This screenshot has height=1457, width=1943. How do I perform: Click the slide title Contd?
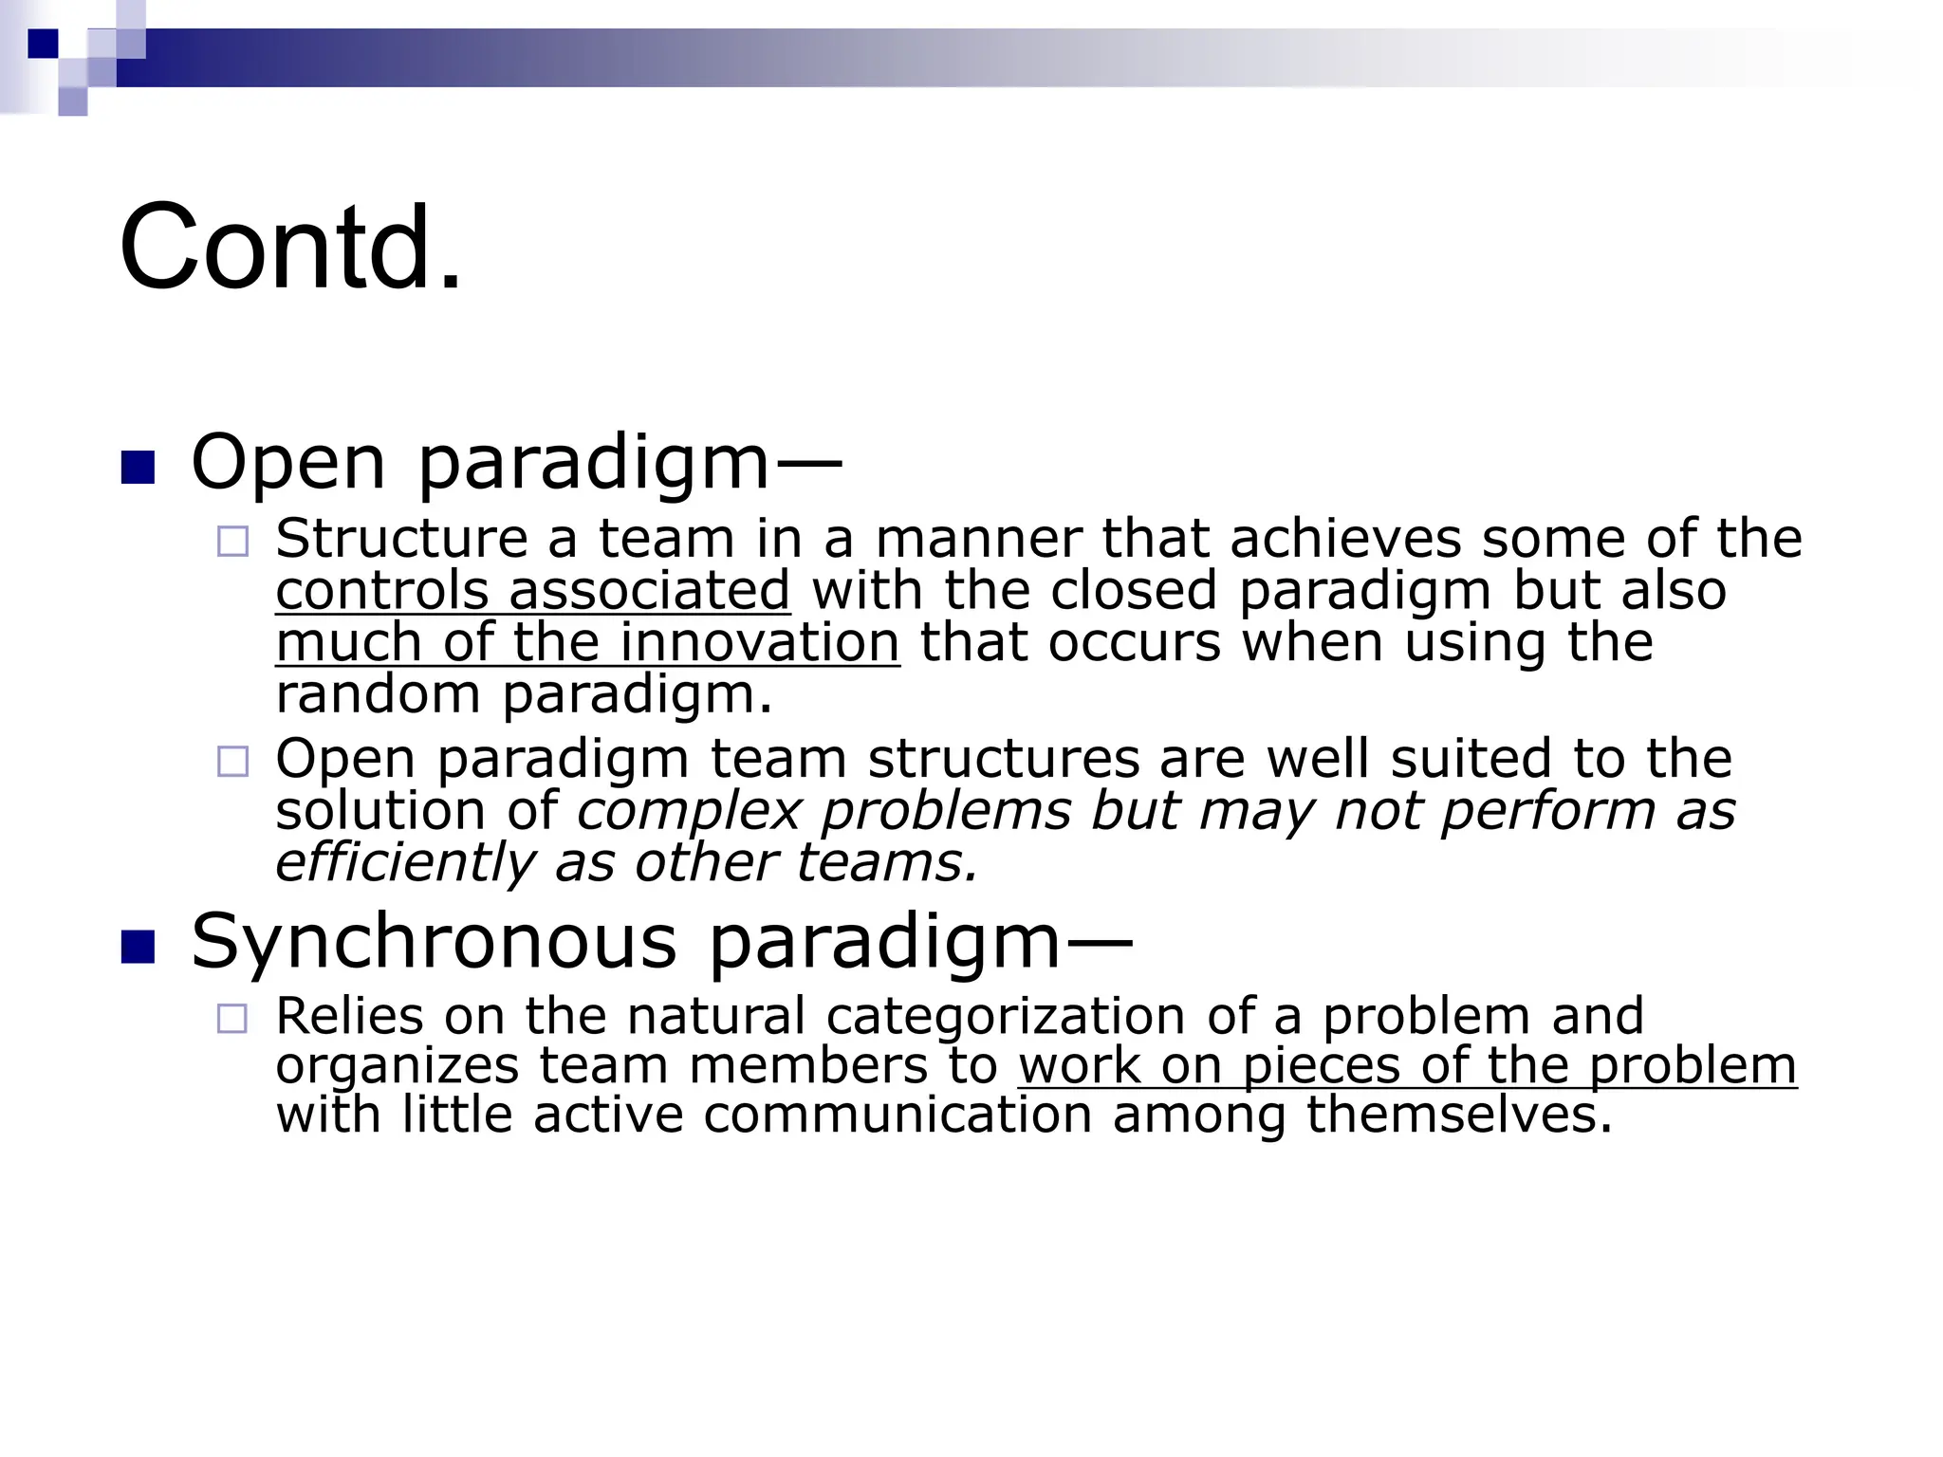(290, 248)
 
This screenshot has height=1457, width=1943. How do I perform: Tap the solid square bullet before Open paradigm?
(139, 468)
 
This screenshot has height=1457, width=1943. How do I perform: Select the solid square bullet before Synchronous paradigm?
(139, 947)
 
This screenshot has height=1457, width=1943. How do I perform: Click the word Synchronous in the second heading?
(434, 941)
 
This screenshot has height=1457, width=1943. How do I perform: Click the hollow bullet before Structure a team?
(232, 542)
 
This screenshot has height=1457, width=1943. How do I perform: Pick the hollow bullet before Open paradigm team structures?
(232, 762)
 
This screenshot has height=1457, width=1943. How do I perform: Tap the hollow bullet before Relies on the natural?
(232, 1019)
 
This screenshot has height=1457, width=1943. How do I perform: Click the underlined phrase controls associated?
(532, 590)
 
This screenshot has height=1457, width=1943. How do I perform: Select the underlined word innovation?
(759, 642)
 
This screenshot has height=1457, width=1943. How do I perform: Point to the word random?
(378, 693)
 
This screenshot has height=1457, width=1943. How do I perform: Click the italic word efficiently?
(405, 862)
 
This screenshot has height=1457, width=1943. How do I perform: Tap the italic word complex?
(689, 811)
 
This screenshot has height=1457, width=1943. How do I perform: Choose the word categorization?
(1006, 1016)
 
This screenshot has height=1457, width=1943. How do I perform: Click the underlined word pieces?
(1321, 1065)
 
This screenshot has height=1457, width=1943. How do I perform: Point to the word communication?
(897, 1115)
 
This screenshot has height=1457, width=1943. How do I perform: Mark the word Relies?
(349, 1016)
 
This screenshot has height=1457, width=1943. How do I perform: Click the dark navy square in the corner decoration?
(43, 44)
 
